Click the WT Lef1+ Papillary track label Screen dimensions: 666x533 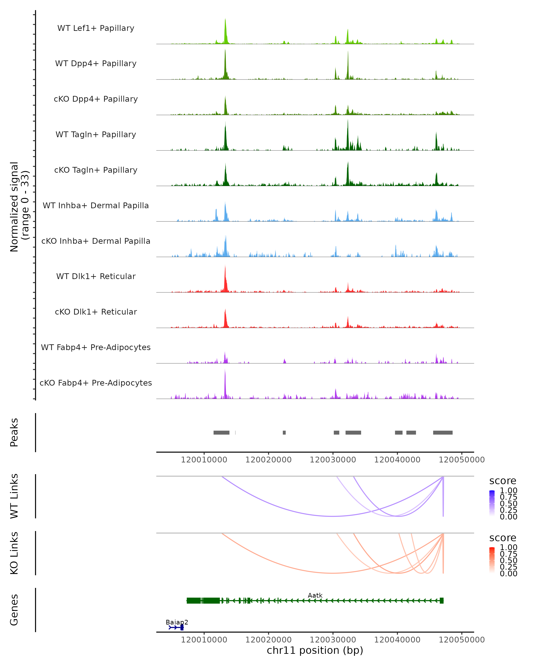[x=96, y=28]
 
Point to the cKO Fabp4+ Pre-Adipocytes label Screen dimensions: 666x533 [x=96, y=383]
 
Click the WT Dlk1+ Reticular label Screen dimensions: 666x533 [x=96, y=276]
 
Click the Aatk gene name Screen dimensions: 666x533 [x=315, y=595]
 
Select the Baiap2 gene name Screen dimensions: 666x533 [x=177, y=622]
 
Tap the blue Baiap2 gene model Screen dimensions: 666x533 [x=176, y=627]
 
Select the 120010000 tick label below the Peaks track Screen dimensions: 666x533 [x=204, y=460]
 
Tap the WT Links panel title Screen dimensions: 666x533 [x=14, y=496]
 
